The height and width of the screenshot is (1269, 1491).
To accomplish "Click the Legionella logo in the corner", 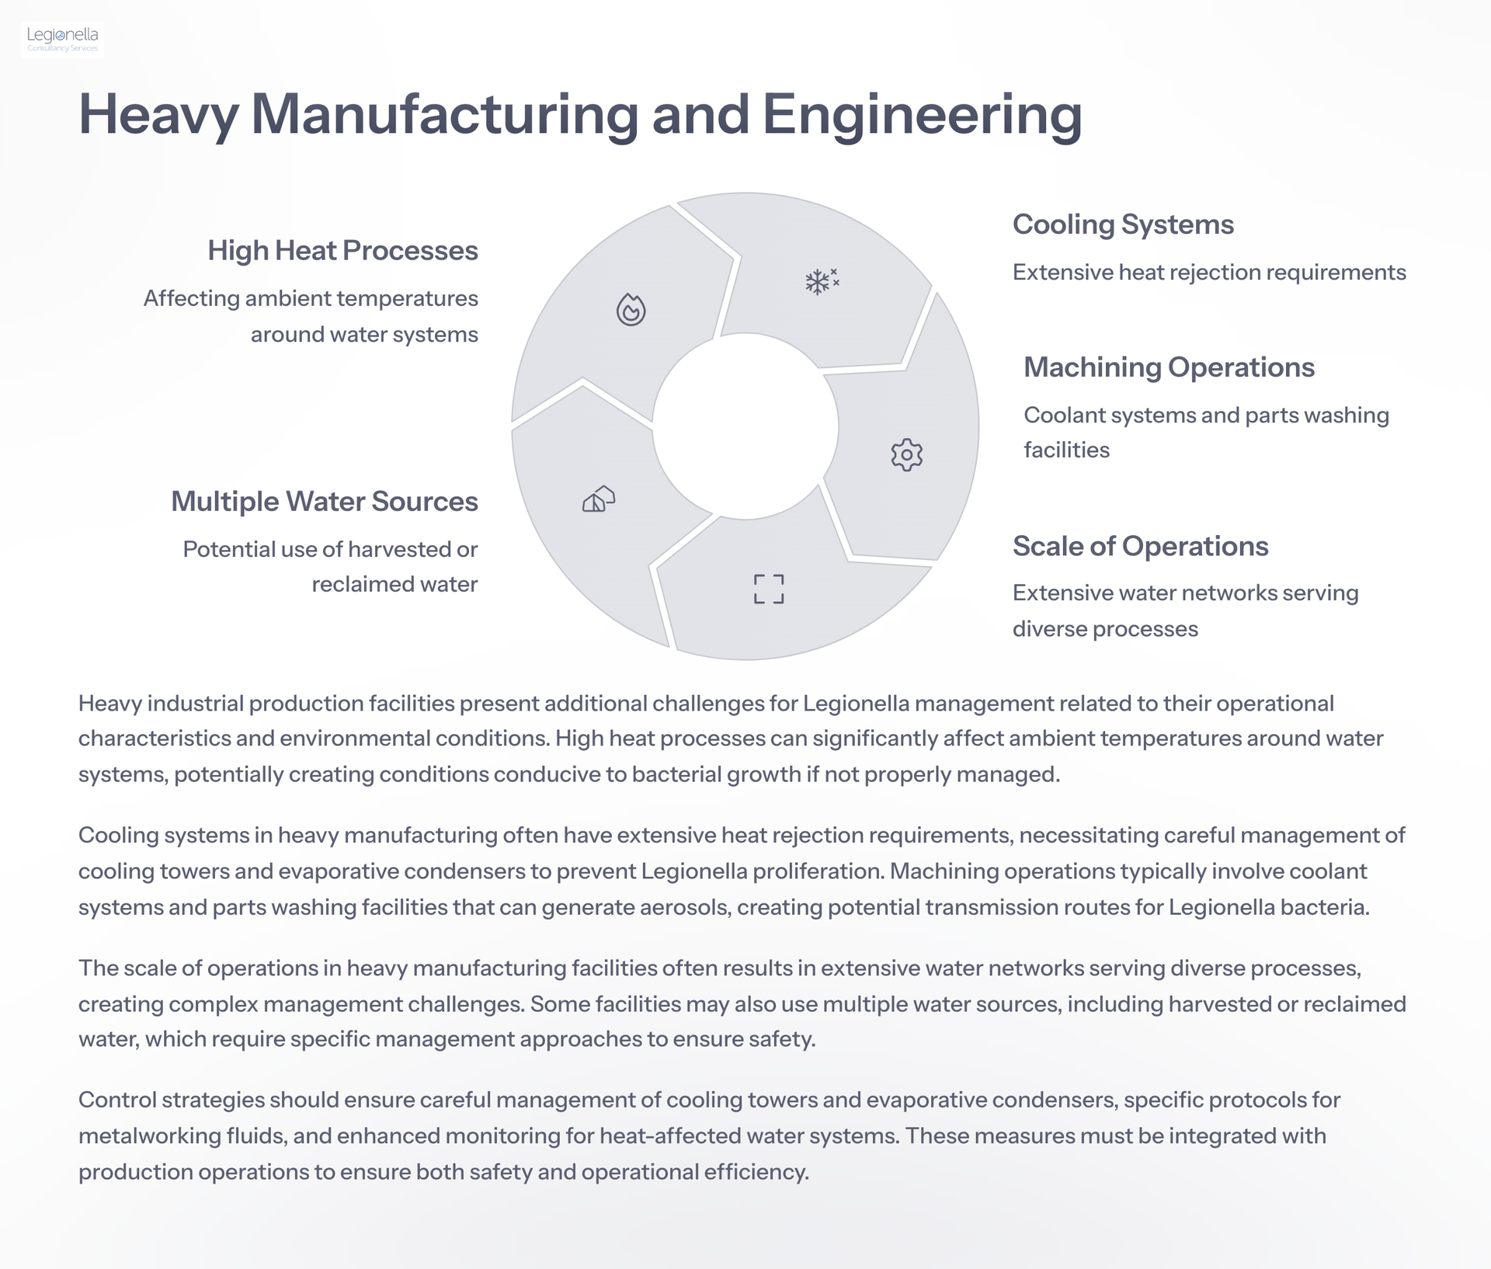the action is coord(62,40).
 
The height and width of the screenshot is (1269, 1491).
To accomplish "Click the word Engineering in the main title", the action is coord(922,116).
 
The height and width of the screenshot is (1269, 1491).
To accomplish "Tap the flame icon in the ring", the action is coord(631,309).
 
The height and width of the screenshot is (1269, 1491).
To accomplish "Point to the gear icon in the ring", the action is coord(906,454).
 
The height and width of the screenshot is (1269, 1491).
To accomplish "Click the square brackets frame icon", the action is coord(769,589).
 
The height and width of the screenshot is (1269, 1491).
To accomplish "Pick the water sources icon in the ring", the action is coord(599,499).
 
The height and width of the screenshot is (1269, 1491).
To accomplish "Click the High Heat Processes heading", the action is coord(342,251).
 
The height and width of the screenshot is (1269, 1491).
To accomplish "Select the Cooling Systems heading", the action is coord(1123,224).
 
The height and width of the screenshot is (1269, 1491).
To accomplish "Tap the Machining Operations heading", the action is coord(1169,367).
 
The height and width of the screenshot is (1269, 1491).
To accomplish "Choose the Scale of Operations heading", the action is coord(1140,546).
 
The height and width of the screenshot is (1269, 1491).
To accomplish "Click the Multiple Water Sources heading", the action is coord(325,502).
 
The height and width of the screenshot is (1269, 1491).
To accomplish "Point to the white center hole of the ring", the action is coord(745,426).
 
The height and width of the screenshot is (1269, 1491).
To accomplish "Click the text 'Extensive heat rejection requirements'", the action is coord(1209,273).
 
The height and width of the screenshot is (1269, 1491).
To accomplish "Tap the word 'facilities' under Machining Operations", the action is coord(1066,450).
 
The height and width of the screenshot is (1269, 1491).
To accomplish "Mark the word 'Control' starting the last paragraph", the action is coord(117,1100).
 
